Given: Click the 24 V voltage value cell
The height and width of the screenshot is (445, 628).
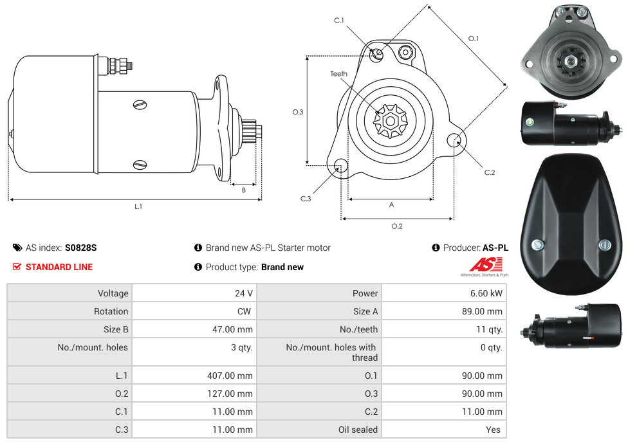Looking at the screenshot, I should (x=243, y=293).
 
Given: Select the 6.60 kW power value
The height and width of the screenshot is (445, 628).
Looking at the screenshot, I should (x=487, y=293).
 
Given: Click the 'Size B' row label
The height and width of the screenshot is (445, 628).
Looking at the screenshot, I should (x=116, y=329).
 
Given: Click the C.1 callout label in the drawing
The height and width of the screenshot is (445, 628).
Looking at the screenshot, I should (x=339, y=21).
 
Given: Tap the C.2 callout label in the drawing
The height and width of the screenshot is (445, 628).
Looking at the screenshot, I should (x=490, y=172).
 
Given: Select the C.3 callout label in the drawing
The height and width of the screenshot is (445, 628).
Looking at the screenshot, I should (x=306, y=199).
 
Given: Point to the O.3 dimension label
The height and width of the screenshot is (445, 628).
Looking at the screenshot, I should (x=298, y=112).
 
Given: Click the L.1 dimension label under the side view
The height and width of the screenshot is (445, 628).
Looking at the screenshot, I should (x=138, y=206).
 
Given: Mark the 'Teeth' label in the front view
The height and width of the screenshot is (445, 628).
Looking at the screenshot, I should (x=339, y=74).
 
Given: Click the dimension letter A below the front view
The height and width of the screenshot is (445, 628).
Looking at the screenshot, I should (x=391, y=205).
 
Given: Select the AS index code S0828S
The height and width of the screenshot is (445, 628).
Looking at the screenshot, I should (x=80, y=248).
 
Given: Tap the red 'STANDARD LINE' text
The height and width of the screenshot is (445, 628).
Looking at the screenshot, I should (x=59, y=267).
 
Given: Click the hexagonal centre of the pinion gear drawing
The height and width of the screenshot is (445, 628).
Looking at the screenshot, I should (x=391, y=120).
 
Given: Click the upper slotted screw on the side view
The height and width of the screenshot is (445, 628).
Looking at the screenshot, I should (x=140, y=104).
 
